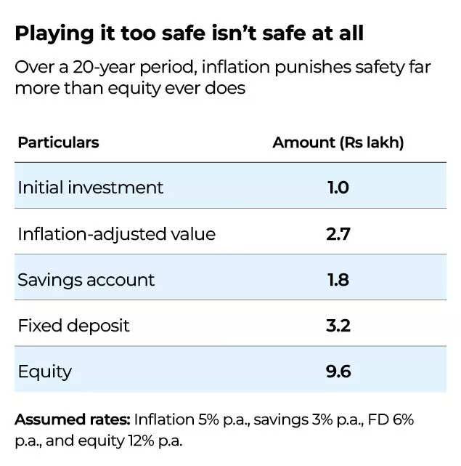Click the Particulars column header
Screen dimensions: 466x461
[x=58, y=142]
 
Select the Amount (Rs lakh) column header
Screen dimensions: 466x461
[x=338, y=142]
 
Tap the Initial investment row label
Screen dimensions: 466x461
[x=91, y=187]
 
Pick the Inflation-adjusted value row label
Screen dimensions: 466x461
[x=116, y=233]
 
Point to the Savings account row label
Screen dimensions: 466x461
[x=86, y=279]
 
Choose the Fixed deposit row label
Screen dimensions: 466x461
[x=73, y=325]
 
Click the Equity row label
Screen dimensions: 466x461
[x=44, y=371]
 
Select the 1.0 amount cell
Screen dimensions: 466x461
[x=338, y=187]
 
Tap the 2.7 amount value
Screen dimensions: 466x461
[x=338, y=233]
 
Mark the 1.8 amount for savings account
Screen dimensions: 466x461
[x=338, y=279]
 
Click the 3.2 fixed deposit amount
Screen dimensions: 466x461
[x=338, y=325]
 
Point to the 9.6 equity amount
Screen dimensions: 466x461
[x=338, y=371]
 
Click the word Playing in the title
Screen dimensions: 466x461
[x=48, y=34]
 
